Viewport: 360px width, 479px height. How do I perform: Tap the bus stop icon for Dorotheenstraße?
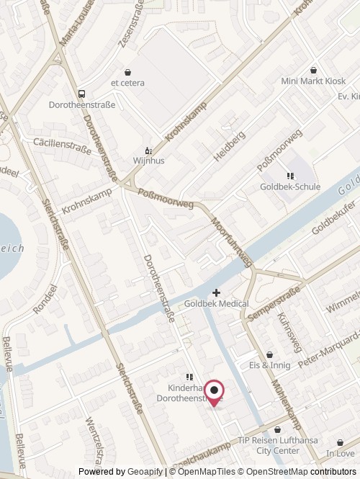(81, 94)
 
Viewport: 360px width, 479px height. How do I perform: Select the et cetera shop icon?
(127, 72)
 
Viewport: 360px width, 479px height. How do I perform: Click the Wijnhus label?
(149, 161)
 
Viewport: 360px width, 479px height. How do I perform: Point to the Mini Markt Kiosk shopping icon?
(313, 71)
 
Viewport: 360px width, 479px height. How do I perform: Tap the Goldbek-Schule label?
(290, 187)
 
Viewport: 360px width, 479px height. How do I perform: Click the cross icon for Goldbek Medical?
(216, 292)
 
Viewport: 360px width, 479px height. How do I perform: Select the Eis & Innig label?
(269, 365)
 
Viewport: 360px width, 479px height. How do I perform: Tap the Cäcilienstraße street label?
(62, 143)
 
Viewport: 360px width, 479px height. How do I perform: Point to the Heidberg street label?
(229, 146)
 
